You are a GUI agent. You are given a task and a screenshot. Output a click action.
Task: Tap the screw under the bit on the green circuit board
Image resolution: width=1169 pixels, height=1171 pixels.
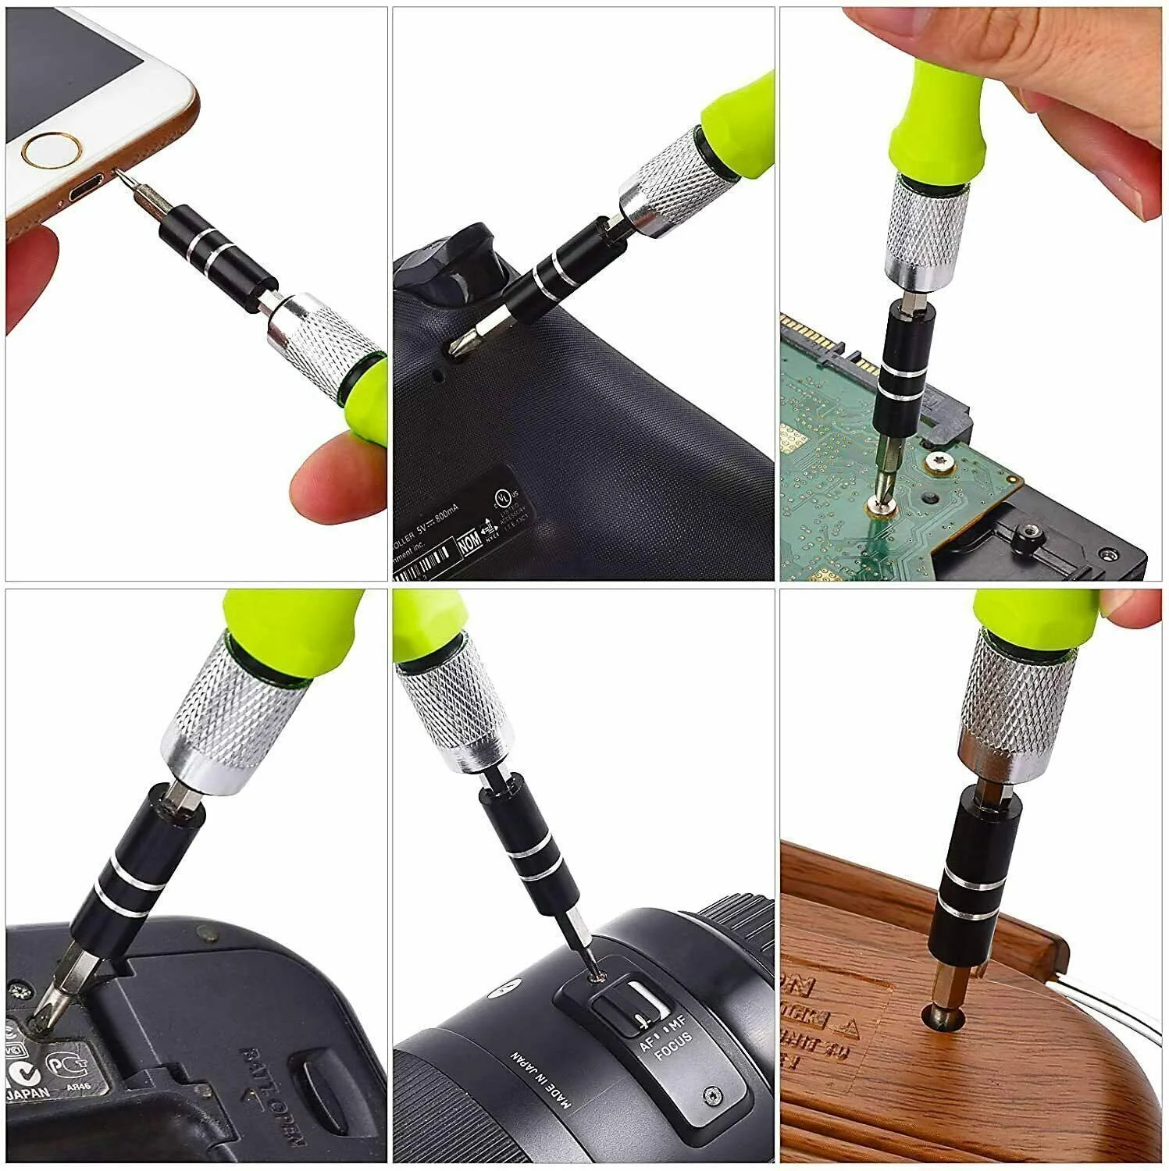(x=882, y=506)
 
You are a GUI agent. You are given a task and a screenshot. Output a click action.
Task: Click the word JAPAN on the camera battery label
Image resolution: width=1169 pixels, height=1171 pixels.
(x=30, y=1094)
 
